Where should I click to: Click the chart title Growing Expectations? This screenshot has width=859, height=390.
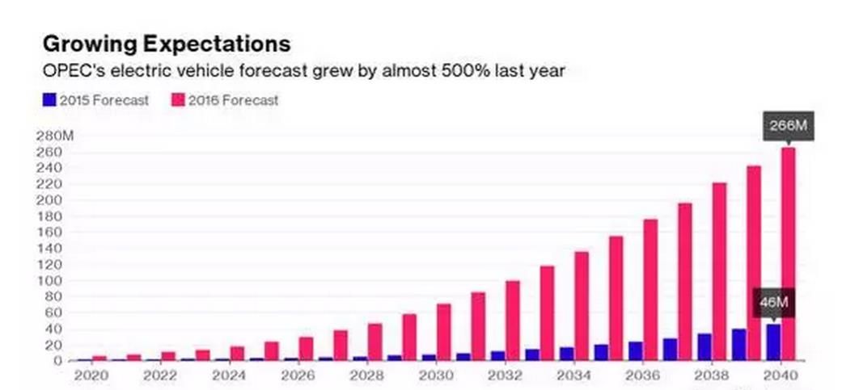(166, 43)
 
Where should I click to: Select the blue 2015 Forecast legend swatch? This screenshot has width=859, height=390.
(49, 100)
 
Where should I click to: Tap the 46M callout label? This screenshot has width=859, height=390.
(773, 303)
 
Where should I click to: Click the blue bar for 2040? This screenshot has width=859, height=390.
(774, 342)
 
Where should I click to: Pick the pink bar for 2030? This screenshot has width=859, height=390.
(443, 332)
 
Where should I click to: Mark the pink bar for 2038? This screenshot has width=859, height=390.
(719, 271)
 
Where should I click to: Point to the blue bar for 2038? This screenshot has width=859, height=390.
(705, 346)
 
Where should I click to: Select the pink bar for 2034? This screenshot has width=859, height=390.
(582, 306)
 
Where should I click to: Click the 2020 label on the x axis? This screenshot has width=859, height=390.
(90, 375)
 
